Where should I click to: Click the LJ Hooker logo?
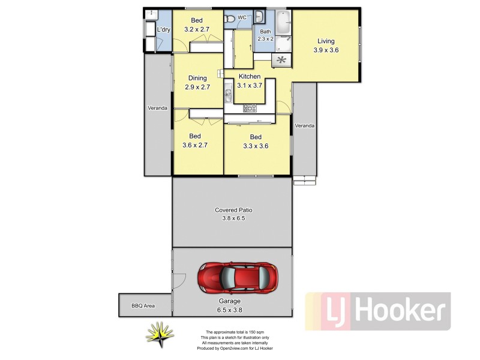click(378, 311)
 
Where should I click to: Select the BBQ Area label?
click(143, 306)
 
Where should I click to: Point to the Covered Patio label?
click(233, 214)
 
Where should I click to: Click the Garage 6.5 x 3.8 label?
click(229, 305)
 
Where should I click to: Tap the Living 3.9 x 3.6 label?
click(326, 46)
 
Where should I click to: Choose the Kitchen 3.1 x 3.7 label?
click(250, 81)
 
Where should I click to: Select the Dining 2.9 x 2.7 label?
click(197, 82)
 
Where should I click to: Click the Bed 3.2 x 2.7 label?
click(197, 25)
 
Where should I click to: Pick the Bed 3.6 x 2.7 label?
click(195, 140)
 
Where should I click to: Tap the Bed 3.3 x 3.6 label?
click(256, 141)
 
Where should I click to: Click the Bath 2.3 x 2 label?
click(265, 35)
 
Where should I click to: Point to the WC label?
click(242, 17)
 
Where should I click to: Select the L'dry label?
click(163, 30)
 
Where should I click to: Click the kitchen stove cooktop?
click(250, 108)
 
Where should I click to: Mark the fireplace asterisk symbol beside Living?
click(280, 59)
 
